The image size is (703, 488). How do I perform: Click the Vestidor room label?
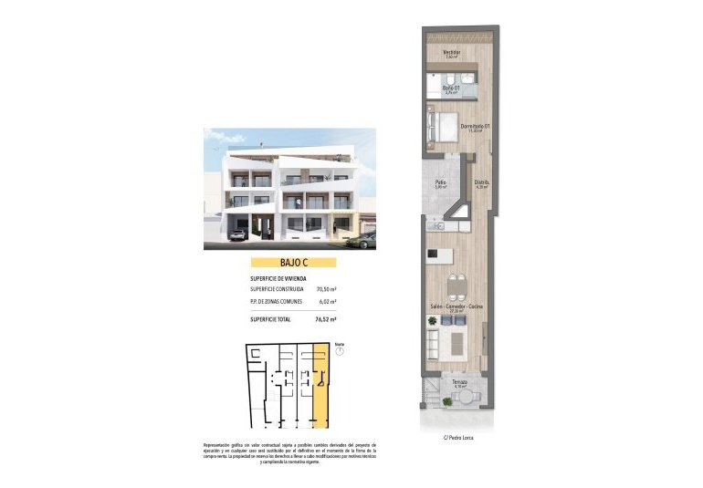click(451, 52)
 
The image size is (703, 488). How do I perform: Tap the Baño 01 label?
click(450, 88)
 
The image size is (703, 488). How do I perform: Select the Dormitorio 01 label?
click(476, 126)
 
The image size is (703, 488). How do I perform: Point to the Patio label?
click(440, 182)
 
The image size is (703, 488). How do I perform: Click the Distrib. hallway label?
click(481, 182)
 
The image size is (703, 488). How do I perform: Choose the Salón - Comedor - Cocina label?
click(456, 307)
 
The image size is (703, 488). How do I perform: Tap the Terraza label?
click(459, 382)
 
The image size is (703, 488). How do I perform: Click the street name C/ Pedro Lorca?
click(459, 437)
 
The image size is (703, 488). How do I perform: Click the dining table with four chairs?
click(457, 283)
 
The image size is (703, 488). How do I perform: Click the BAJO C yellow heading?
click(292, 262)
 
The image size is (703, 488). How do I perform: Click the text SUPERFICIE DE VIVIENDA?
click(278, 277)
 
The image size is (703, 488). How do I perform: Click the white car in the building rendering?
click(236, 234)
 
